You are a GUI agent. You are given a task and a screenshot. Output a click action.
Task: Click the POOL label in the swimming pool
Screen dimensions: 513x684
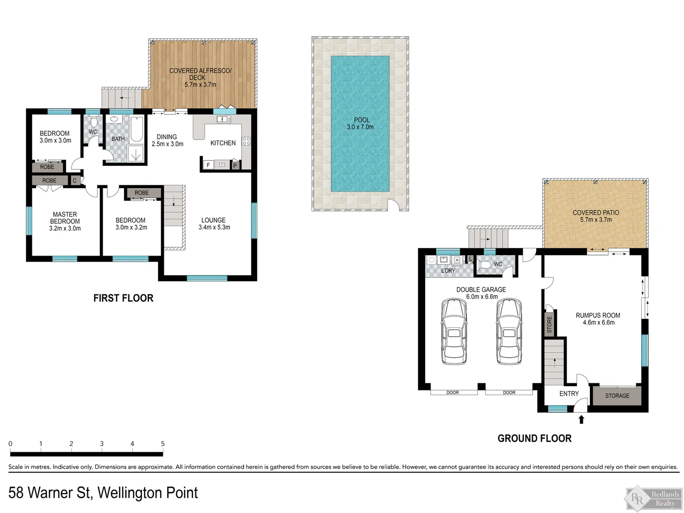361,120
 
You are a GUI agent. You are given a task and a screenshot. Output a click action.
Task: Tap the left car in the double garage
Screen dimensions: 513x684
454,331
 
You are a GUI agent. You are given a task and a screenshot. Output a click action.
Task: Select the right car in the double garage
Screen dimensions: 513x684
509,331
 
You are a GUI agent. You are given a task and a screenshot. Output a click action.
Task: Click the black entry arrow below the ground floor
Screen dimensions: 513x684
581,419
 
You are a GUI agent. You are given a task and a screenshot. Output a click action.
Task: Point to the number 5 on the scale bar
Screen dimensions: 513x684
162,444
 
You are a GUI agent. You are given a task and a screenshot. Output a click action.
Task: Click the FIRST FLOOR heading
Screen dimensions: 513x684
123,298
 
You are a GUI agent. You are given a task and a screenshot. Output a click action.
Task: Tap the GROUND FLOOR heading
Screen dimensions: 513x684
534,438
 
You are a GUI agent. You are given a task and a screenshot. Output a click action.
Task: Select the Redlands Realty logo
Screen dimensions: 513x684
654,499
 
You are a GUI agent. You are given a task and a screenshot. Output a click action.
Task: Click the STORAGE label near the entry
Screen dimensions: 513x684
617,396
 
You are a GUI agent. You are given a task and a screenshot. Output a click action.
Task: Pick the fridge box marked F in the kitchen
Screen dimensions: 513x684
208,165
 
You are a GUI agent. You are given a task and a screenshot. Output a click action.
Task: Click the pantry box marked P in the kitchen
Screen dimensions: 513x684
235,166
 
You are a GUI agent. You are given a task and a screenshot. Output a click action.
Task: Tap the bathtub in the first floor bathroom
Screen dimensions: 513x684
137,129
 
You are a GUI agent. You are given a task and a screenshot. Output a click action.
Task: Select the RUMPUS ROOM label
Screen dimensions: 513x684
598,315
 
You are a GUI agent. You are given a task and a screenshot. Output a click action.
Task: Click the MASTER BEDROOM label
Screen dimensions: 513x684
65,218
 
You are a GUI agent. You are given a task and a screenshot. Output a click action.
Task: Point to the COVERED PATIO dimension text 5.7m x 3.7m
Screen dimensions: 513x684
596,219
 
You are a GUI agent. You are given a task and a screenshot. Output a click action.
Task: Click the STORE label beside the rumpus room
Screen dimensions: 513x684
550,324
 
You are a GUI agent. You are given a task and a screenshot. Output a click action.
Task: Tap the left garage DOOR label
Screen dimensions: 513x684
453,392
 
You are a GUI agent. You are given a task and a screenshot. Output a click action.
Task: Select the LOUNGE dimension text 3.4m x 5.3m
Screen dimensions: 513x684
214,228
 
